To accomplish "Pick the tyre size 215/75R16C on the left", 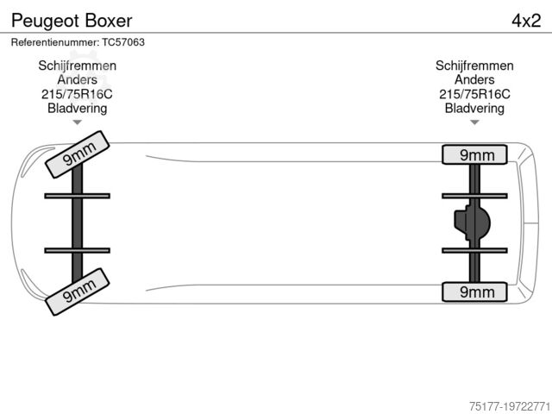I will pyautogui.click(x=78, y=94).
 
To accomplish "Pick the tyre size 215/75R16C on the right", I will pyautogui.click(x=474, y=94).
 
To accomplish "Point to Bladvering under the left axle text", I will pyautogui.click(x=78, y=108).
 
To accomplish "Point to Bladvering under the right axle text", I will pyautogui.click(x=474, y=108).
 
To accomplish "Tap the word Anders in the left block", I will pyautogui.click(x=78, y=80).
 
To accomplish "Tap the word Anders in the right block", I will pyautogui.click(x=474, y=80).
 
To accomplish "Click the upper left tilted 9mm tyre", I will pyautogui.click(x=76, y=154).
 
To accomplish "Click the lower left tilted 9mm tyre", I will pyautogui.click(x=76, y=290).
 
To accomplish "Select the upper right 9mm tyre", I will pyautogui.click(x=475, y=154).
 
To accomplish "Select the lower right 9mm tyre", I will pyautogui.click(x=475, y=292).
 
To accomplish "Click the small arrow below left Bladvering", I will pyautogui.click(x=78, y=122).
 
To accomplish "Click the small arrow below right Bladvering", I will pyautogui.click(x=474, y=122).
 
